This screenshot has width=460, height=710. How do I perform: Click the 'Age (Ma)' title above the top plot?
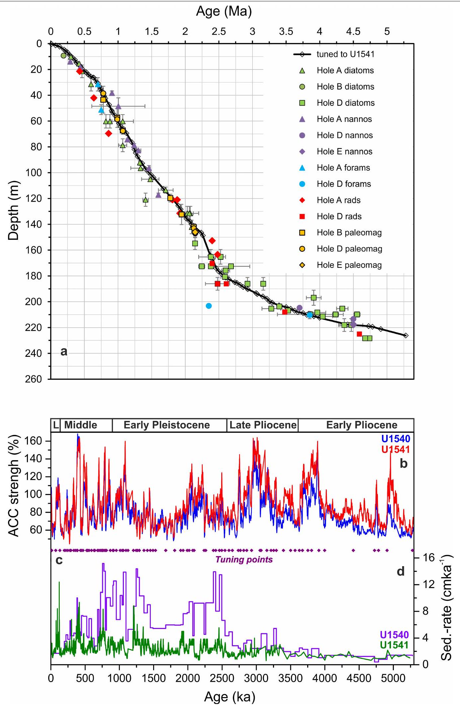click(x=224, y=11)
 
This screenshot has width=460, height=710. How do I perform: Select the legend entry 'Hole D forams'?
click(x=343, y=184)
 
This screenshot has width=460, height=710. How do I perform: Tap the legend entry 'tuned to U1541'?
click(x=345, y=54)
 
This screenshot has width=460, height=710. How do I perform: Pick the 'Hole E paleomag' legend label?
click(x=349, y=265)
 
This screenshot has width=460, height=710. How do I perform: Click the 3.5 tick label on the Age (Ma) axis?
click(x=286, y=32)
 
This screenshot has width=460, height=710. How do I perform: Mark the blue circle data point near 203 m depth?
click(x=209, y=306)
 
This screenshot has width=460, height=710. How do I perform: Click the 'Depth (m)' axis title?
click(x=14, y=210)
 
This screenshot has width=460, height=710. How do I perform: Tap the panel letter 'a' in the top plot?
click(x=64, y=352)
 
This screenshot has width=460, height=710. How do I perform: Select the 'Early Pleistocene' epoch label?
click(x=166, y=425)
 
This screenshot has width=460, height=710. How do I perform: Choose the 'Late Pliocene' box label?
click(x=263, y=425)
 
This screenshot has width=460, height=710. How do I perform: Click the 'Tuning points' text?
click(x=244, y=559)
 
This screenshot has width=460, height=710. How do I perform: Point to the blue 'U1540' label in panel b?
click(x=396, y=439)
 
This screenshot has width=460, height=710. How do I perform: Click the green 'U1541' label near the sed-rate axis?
click(x=394, y=645)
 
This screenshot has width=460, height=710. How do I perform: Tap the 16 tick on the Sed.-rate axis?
click(x=428, y=558)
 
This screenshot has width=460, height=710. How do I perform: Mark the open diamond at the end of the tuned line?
click(x=406, y=336)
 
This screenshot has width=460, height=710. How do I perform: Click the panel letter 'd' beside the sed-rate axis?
click(x=401, y=571)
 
